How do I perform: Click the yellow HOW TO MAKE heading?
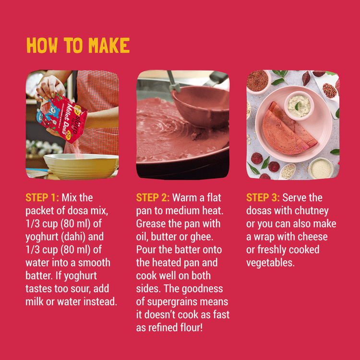click(78, 45)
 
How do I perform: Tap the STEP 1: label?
click(42, 197)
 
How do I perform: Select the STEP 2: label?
click(153, 197)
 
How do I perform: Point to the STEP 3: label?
click(263, 197)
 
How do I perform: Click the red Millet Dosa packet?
click(62, 118)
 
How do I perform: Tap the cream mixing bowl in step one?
click(81, 166)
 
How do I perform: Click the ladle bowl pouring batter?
click(200, 106)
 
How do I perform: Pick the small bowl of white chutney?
click(299, 106)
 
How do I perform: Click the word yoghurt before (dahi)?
click(42, 237)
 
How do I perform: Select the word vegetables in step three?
click(270, 263)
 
